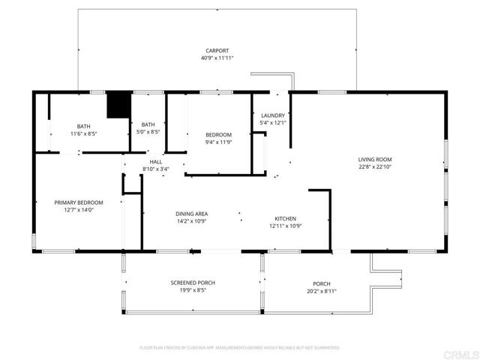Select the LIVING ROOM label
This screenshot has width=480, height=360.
(x=374, y=159)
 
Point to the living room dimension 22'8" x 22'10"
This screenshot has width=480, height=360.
(x=374, y=166)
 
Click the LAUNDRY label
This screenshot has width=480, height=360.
(x=272, y=115)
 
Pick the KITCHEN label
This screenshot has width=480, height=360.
(x=284, y=217)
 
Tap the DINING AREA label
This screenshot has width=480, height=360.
(x=191, y=214)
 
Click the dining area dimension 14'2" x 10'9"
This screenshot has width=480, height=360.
(x=191, y=221)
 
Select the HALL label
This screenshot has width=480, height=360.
(x=155, y=161)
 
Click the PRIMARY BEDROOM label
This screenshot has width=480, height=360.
(x=78, y=202)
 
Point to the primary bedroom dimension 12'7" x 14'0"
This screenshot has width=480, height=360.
(x=78, y=210)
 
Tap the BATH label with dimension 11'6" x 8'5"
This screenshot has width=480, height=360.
(x=83, y=125)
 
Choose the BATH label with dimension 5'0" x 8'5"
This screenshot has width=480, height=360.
(x=148, y=124)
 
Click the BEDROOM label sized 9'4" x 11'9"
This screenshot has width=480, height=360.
(x=219, y=134)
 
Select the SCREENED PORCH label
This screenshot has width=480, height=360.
(x=193, y=283)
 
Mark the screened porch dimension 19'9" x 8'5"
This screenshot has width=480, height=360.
(x=193, y=290)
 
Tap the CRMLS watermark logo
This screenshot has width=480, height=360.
(x=459, y=352)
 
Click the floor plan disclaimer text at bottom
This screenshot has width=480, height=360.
(x=240, y=347)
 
